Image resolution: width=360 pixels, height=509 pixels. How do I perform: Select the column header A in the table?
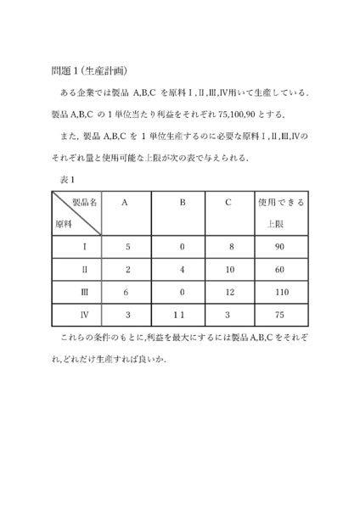coord(126,204)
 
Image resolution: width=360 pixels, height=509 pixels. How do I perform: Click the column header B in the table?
coord(182,204)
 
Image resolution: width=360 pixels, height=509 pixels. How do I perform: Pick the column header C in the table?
coord(229,204)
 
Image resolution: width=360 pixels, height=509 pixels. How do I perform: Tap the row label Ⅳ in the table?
coord(72,316)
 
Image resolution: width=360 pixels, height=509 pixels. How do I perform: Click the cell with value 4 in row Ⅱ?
coord(181,269)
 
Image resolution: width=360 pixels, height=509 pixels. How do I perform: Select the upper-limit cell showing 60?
coord(281,269)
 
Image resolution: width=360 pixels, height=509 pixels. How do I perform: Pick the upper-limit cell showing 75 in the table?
coord(281,316)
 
